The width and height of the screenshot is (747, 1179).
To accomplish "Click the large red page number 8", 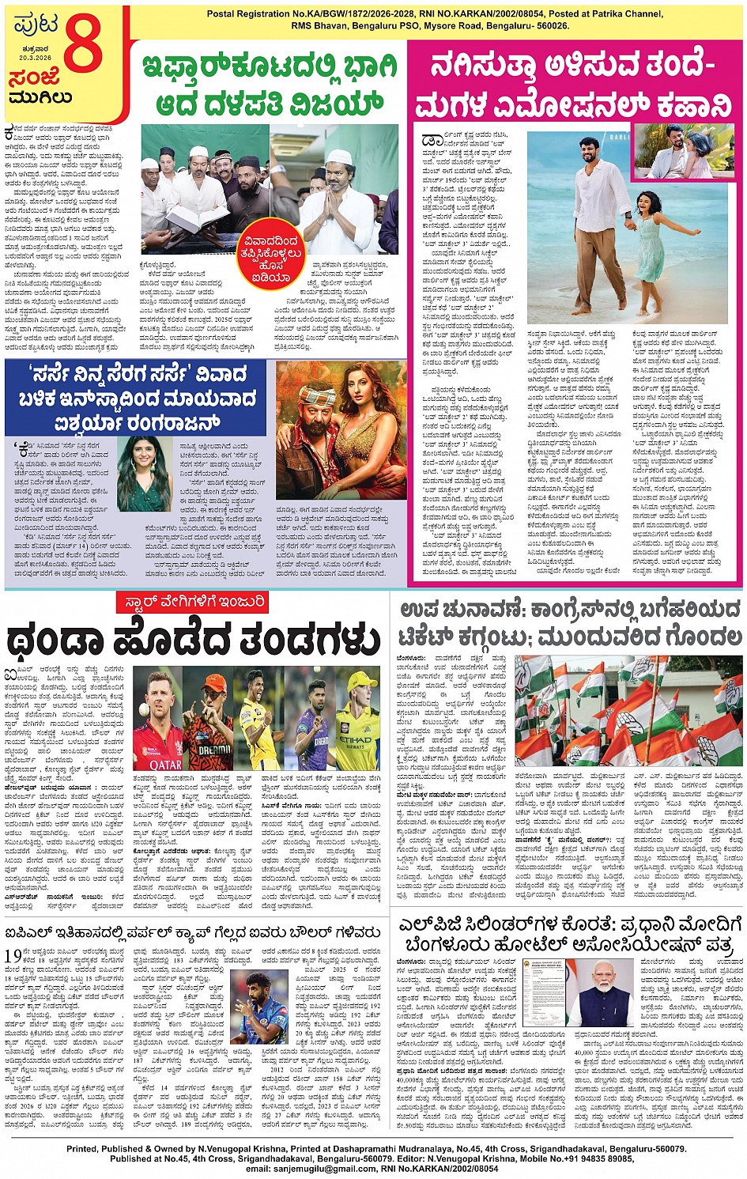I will (83, 45).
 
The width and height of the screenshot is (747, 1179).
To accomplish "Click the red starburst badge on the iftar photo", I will (271, 256).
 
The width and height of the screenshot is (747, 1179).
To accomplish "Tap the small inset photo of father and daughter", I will (683, 151).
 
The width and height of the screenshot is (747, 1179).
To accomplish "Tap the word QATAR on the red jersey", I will (165, 764).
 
